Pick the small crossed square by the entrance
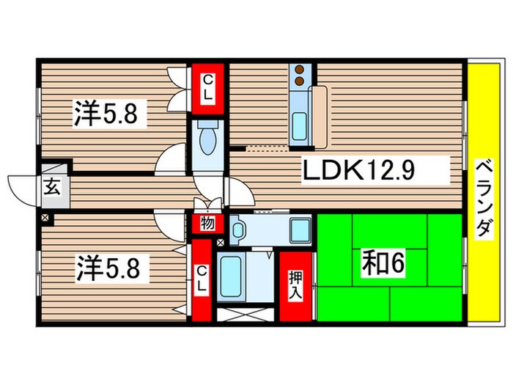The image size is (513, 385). pos(46,218)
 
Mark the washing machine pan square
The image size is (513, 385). pos(298,230)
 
